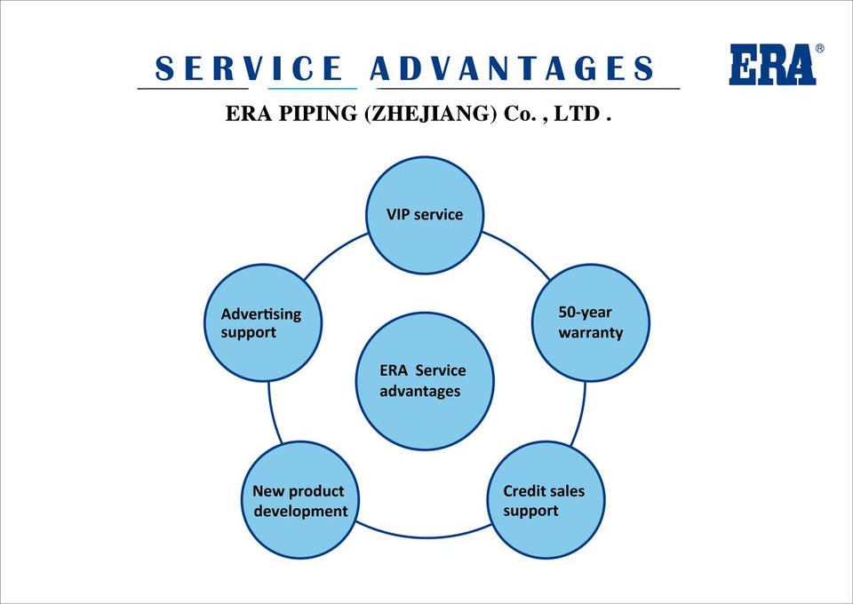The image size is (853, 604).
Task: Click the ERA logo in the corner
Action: click(772, 64)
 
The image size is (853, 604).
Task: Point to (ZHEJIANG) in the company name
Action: click(430, 115)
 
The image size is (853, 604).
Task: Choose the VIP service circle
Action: click(425, 215)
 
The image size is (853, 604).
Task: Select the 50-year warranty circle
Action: click(590, 323)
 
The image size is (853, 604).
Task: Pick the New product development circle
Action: click(299, 500)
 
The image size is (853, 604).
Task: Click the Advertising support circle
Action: click(262, 323)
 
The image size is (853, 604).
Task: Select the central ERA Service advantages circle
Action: click(424, 380)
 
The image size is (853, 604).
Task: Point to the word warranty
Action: click(590, 333)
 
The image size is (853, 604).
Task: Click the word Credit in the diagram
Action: click(524, 490)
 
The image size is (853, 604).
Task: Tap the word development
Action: click(301, 511)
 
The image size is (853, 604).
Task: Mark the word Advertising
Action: click(260, 314)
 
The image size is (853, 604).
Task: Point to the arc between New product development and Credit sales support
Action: click(424, 536)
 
